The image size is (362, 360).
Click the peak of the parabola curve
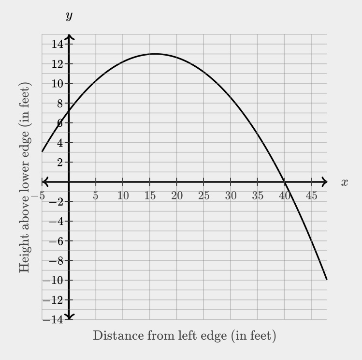tap(155, 54)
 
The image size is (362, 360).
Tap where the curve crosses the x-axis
tap(284, 182)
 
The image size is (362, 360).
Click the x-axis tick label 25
tap(203, 195)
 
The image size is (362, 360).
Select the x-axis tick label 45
tap(311, 195)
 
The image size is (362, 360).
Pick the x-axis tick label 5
tap(96, 195)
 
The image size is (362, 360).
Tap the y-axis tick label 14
tap(57, 45)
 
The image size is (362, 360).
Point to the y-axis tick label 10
tap(57, 84)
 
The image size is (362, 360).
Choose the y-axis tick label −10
tap(54, 280)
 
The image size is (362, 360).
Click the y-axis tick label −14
tap(54, 319)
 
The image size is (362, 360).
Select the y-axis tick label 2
tap(60, 162)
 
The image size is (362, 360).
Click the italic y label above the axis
tap(69, 16)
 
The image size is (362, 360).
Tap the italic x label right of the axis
tap(344, 182)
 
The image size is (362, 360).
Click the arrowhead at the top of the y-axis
tap(69, 37)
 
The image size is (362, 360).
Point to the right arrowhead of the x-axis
tap(325, 182)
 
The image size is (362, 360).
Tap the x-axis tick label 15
tap(149, 195)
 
